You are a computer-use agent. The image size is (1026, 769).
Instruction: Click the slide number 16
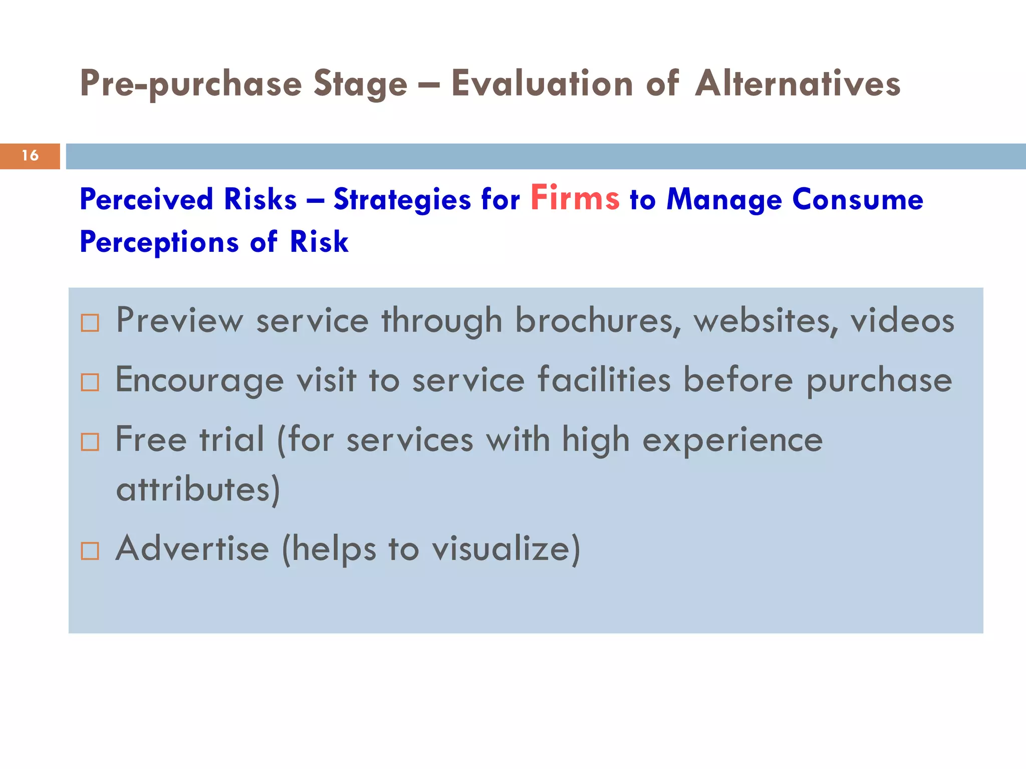click(30, 156)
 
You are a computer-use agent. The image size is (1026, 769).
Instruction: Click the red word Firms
click(575, 198)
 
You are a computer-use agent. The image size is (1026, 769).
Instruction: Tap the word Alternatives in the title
click(798, 83)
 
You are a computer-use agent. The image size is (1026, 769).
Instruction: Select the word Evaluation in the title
click(542, 83)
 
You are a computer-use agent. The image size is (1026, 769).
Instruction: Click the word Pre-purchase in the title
click(190, 84)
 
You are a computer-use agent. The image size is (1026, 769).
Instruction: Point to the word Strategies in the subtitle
click(402, 200)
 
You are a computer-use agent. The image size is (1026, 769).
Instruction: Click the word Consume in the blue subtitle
click(857, 199)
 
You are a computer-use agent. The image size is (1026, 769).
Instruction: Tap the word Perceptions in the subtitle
click(159, 242)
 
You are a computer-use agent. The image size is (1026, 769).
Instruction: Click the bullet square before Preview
click(90, 323)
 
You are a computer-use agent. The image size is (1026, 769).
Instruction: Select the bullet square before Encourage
click(90, 382)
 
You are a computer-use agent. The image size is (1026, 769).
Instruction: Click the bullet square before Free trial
click(90, 442)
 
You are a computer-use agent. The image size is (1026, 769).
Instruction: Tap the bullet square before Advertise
click(90, 551)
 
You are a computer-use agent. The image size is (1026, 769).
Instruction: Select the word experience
click(732, 441)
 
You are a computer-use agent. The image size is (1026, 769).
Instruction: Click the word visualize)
click(506, 549)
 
